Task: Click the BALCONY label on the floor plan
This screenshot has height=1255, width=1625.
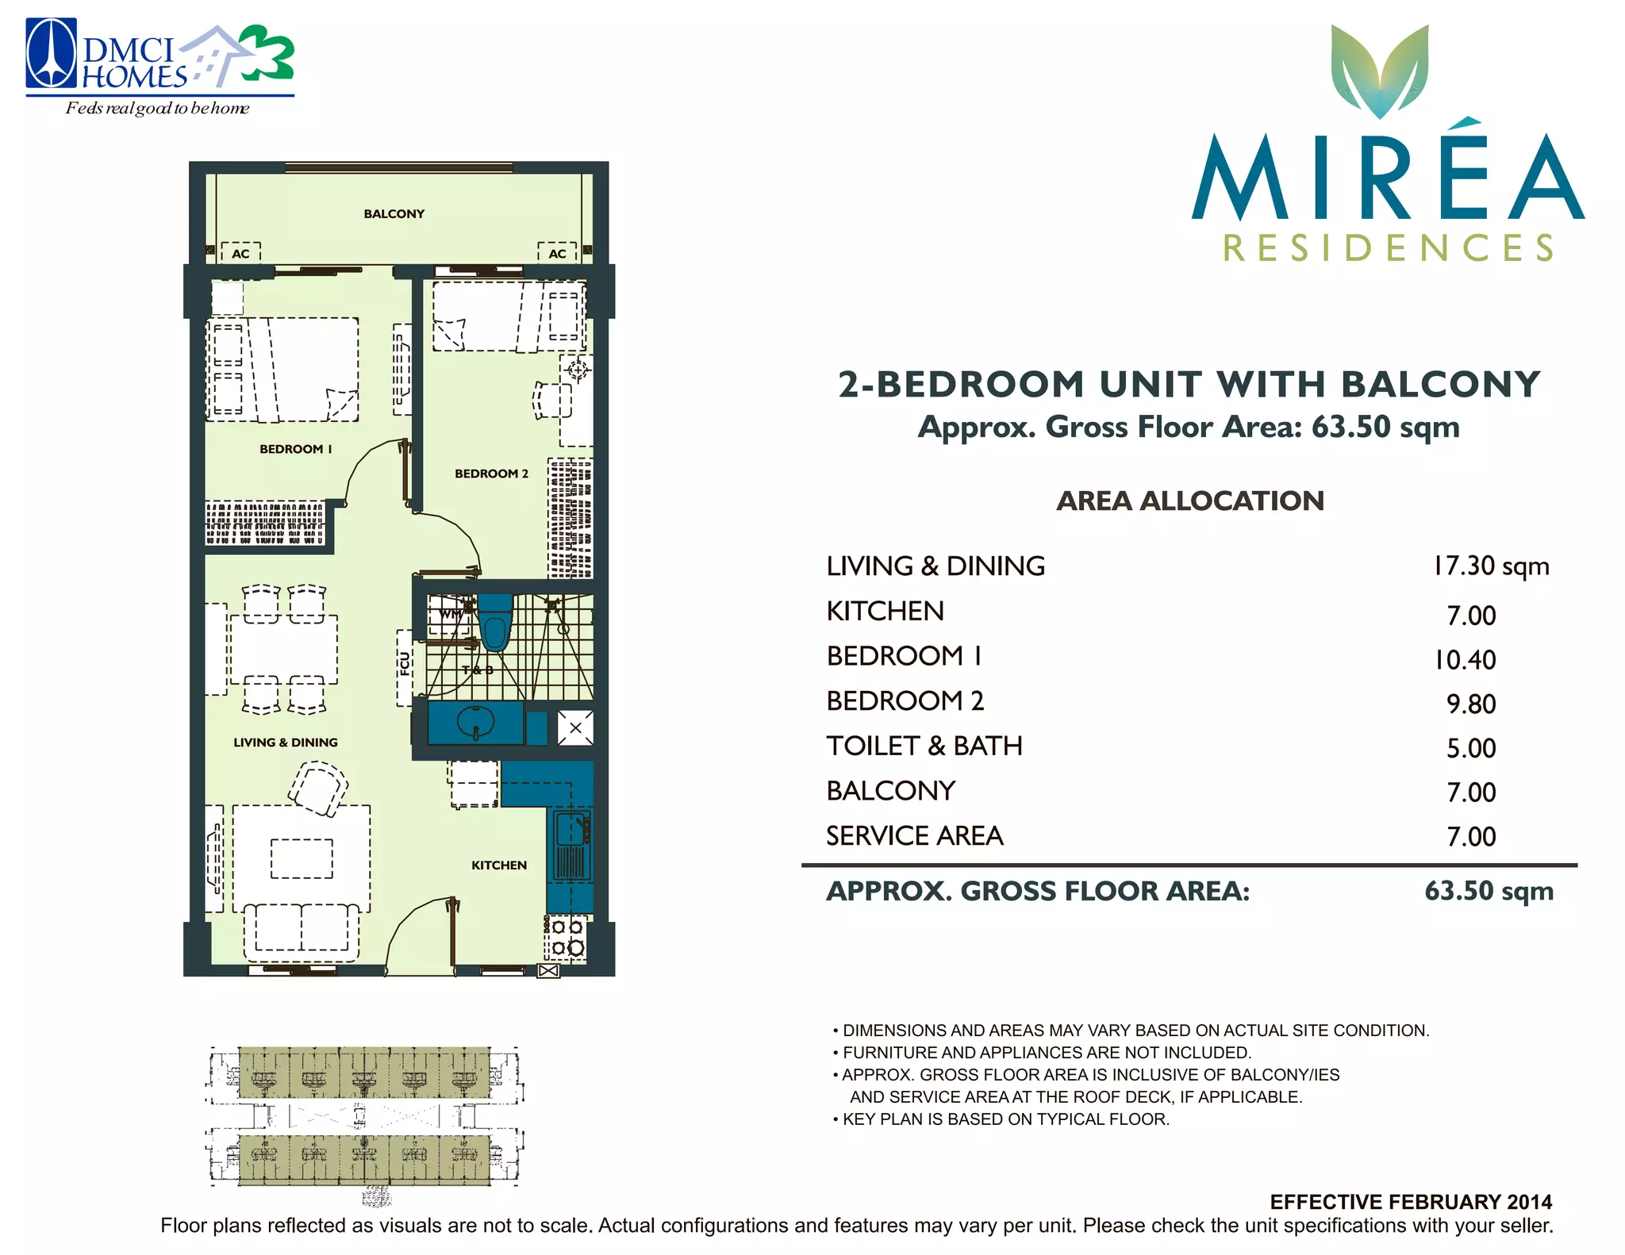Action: coord(394,213)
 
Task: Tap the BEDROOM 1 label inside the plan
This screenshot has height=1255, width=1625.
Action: coord(295,449)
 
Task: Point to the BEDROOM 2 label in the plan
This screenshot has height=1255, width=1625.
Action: coord(491,474)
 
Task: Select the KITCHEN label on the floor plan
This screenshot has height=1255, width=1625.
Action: coord(499,865)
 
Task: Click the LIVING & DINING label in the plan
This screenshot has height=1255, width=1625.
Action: coord(286,743)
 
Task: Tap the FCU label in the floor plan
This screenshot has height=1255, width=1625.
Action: coord(405,664)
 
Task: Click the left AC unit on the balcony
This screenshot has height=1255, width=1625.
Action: coord(240,253)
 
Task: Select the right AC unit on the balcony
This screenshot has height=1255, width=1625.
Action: coord(557,253)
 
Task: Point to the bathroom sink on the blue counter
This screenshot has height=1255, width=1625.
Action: coord(476,723)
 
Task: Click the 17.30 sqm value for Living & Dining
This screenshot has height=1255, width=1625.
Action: coord(1491,566)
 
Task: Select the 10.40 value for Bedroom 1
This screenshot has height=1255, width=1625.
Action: coord(1465,659)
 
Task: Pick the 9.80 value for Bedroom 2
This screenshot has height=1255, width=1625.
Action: coord(1471,704)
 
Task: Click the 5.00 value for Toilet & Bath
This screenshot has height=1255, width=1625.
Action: coord(1471,748)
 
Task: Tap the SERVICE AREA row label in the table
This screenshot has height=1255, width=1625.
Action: coord(915,836)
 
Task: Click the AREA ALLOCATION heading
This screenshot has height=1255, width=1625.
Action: coord(1190,501)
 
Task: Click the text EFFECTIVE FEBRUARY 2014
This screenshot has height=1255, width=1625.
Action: coord(1411,1202)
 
